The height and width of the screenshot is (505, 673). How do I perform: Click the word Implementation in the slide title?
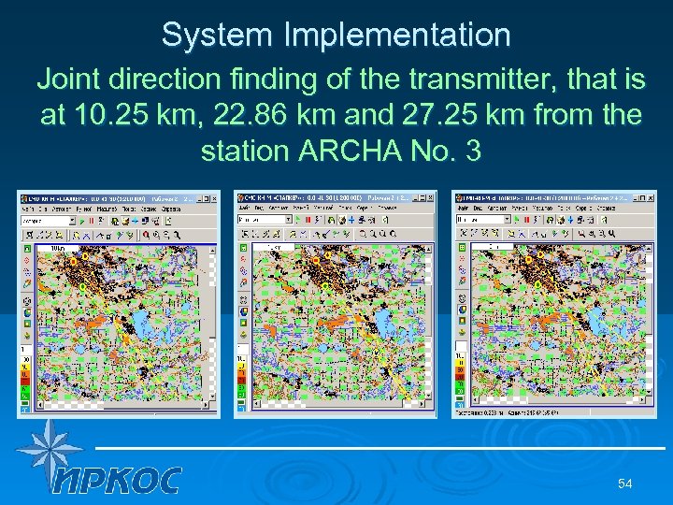tap(401, 36)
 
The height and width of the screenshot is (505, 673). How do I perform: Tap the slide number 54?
tap(625, 483)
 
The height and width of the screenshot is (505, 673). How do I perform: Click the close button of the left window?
tap(214, 198)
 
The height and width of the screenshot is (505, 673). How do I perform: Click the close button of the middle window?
tap(431, 198)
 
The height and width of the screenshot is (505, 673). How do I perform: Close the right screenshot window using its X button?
tap(651, 198)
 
